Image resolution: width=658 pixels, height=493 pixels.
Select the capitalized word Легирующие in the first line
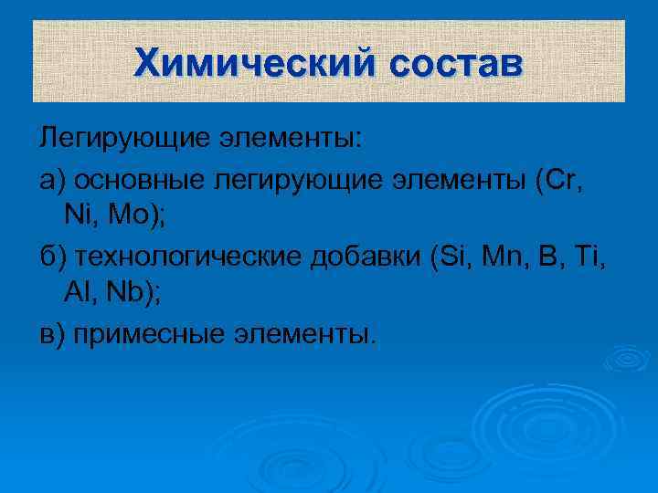[x=122, y=140]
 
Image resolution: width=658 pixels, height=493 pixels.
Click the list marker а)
[x=51, y=180]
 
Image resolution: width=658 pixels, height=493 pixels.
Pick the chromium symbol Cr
[x=558, y=180]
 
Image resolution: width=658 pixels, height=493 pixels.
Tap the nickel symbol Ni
[x=79, y=215]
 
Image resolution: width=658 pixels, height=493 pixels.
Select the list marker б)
[x=51, y=257]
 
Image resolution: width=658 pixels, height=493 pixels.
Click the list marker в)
[x=51, y=333]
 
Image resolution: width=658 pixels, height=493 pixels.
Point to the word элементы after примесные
[x=302, y=333]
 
